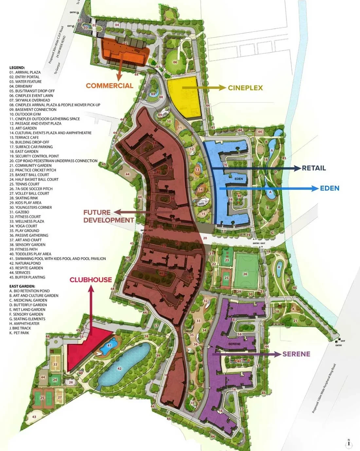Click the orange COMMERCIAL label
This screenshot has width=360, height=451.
[109, 86]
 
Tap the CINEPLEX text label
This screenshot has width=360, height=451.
[245, 88]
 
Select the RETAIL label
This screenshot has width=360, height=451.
[314, 168]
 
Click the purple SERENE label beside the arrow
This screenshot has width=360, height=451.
[296, 354]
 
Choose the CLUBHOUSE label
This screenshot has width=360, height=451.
[91, 280]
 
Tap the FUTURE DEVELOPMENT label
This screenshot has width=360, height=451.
[108, 216]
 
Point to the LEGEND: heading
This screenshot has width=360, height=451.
[17, 68]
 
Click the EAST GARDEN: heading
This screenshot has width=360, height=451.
[22, 286]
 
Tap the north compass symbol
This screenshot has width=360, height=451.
[349, 443]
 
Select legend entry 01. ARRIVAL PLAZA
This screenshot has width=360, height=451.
[25, 72]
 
